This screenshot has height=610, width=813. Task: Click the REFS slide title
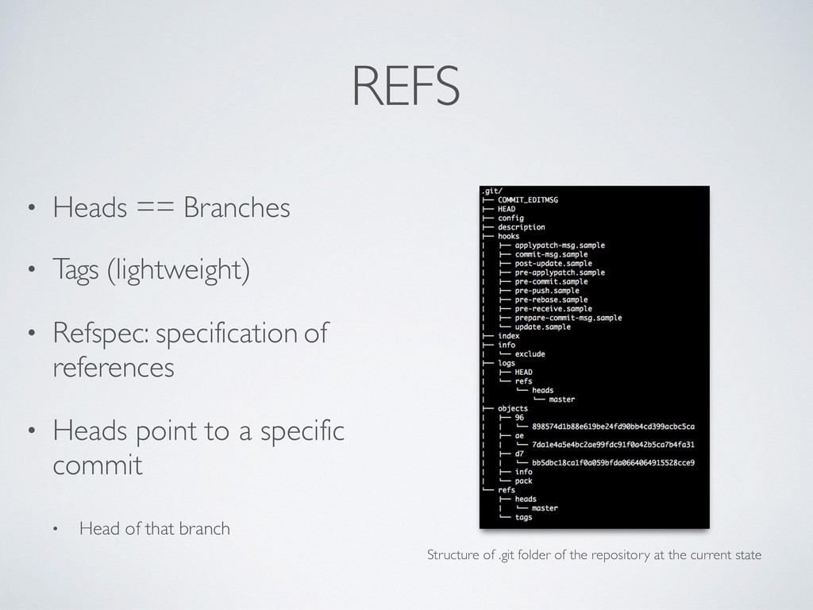click(x=406, y=86)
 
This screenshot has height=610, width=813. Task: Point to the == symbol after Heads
click(x=155, y=209)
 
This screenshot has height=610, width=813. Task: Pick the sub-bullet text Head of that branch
click(x=154, y=528)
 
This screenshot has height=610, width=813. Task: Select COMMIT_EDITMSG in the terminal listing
click(x=528, y=200)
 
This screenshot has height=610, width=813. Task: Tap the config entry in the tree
click(x=511, y=218)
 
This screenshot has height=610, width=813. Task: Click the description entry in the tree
click(x=522, y=227)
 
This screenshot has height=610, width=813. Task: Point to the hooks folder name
click(x=508, y=236)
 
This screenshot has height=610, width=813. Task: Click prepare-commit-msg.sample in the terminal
click(x=568, y=318)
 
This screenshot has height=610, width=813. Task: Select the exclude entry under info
click(x=530, y=354)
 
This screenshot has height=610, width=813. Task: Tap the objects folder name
click(x=513, y=408)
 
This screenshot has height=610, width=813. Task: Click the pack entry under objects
click(x=523, y=481)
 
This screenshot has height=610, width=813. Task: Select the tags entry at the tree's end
click(x=523, y=517)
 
